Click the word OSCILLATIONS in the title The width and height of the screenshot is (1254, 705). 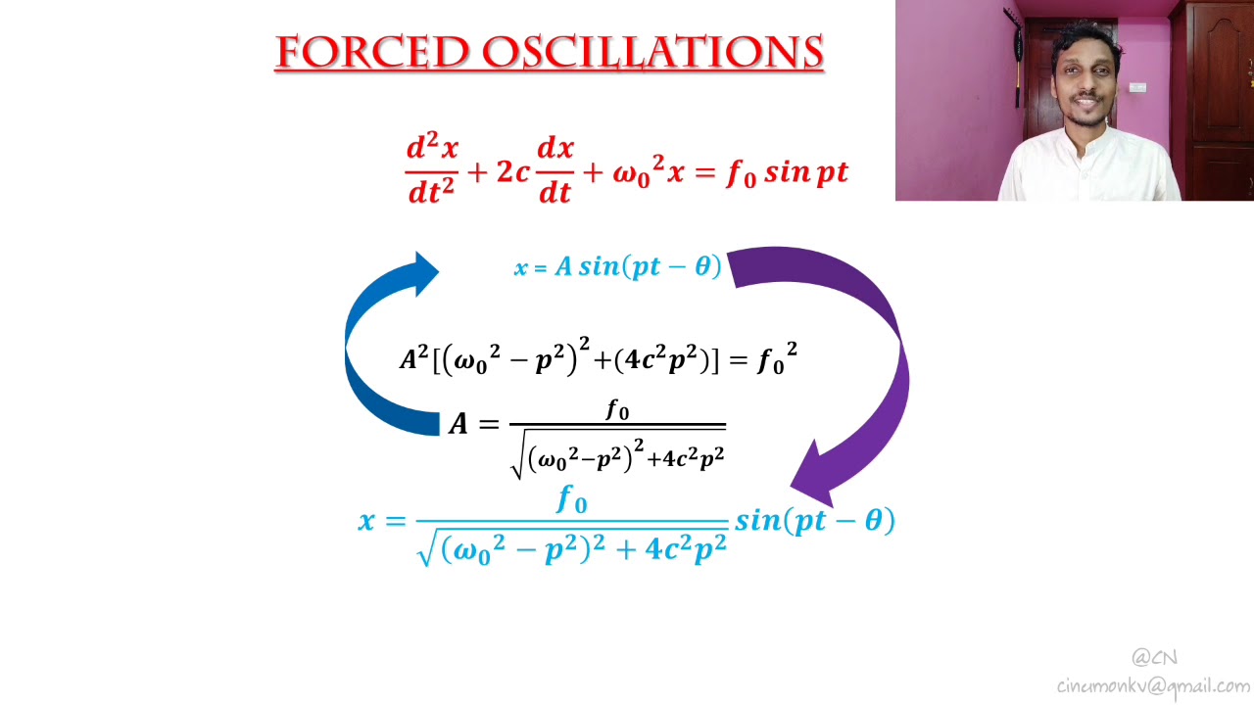pyautogui.click(x=651, y=52)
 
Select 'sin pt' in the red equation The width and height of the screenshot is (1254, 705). pyautogui.click(x=805, y=173)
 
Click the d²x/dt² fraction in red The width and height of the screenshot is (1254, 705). pyautogui.click(x=431, y=169)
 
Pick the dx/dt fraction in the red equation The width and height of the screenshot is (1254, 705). pyautogui.click(x=555, y=169)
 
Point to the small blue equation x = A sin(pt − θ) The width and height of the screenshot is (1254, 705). pyautogui.click(x=617, y=266)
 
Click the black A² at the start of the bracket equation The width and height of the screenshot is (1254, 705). pyautogui.click(x=412, y=359)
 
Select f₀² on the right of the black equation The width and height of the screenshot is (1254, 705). pyautogui.click(x=777, y=359)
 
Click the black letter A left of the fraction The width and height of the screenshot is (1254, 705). pyautogui.click(x=458, y=424)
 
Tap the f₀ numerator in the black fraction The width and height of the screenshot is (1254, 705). pyautogui.click(x=617, y=409)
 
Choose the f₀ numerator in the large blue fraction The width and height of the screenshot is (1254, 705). pyautogui.click(x=572, y=499)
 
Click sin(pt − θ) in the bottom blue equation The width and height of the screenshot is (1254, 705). pyautogui.click(x=814, y=520)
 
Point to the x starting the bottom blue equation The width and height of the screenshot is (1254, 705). pyautogui.click(x=367, y=521)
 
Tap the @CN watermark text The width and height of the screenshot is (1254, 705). pyautogui.click(x=1154, y=657)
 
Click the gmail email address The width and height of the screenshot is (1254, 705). pyautogui.click(x=1153, y=685)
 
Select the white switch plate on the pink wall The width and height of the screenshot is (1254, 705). pyautogui.click(x=1137, y=87)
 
